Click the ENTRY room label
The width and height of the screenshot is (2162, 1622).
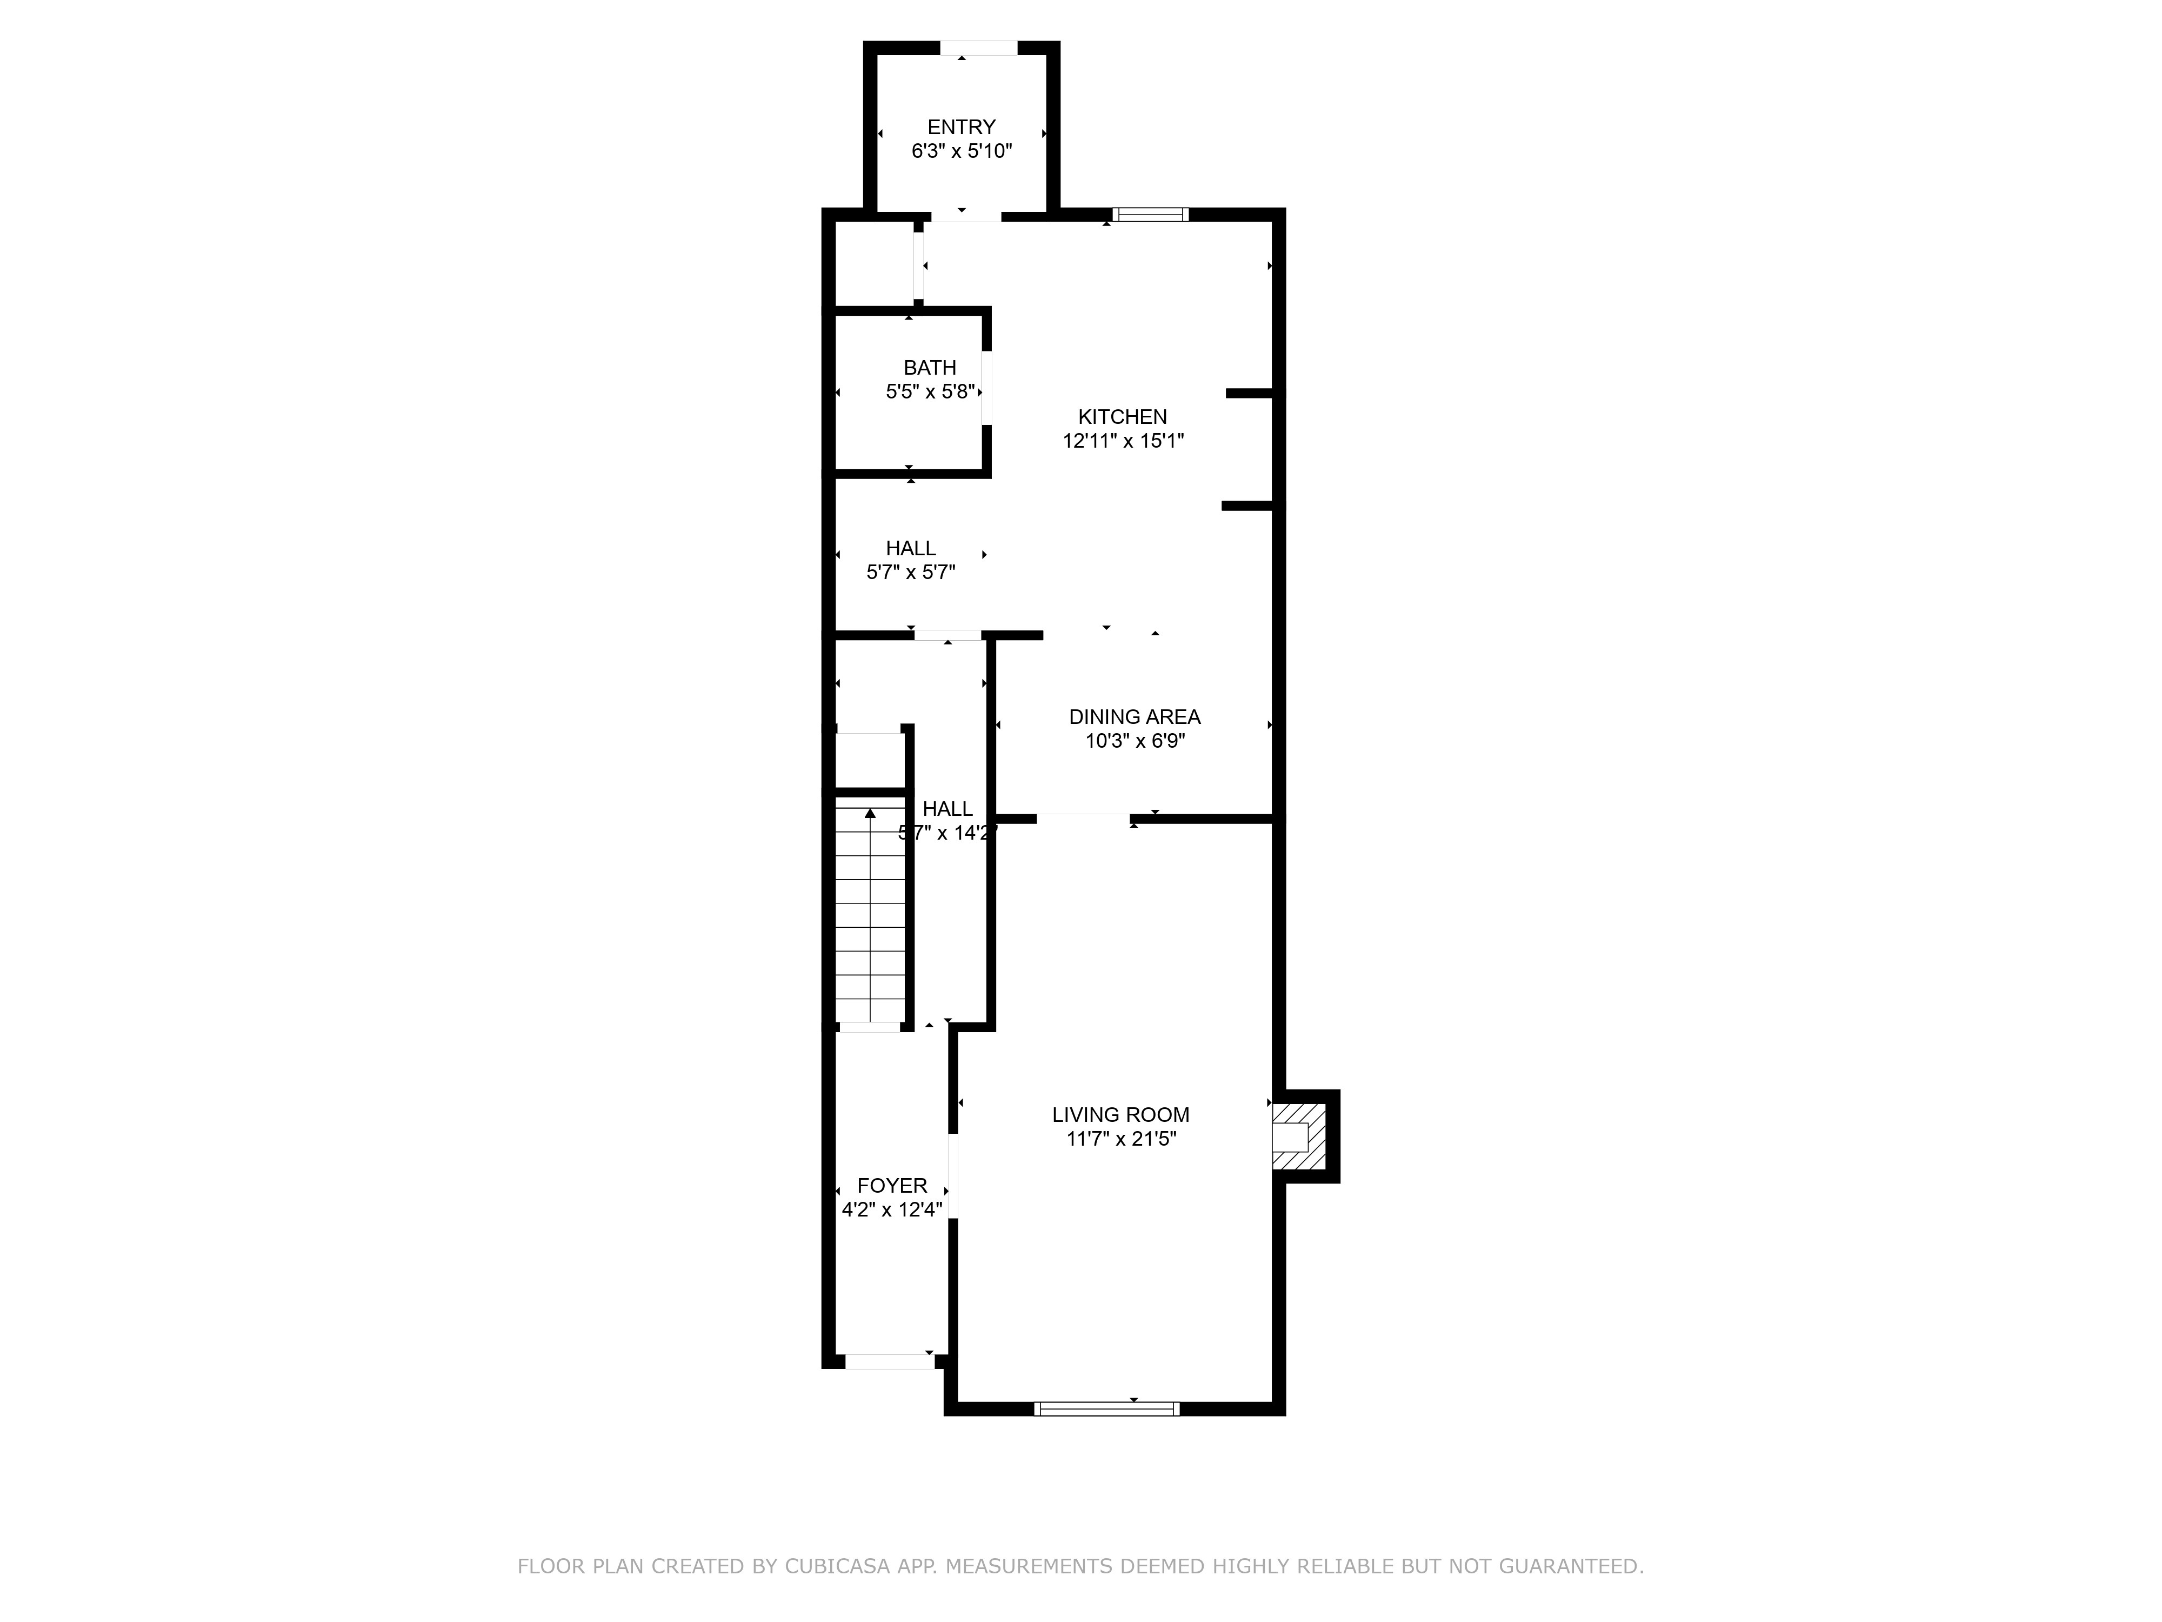click(x=961, y=127)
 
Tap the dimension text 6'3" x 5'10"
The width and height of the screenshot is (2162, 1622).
click(x=961, y=151)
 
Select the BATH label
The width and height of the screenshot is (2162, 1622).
click(x=930, y=368)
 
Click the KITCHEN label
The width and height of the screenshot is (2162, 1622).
click(x=1122, y=416)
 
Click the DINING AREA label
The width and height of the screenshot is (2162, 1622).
click(x=1134, y=716)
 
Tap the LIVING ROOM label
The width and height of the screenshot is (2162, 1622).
click(x=1120, y=1114)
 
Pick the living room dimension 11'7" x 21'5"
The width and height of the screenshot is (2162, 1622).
click(x=1120, y=1139)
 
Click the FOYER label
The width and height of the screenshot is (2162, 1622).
click(x=891, y=1186)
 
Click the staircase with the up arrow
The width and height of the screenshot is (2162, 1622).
click(x=869, y=914)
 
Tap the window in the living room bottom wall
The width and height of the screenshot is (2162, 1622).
click(x=1106, y=1409)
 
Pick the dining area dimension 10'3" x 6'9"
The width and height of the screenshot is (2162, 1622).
click(x=1134, y=741)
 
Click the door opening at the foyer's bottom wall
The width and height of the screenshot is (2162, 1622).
click(x=890, y=1361)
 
